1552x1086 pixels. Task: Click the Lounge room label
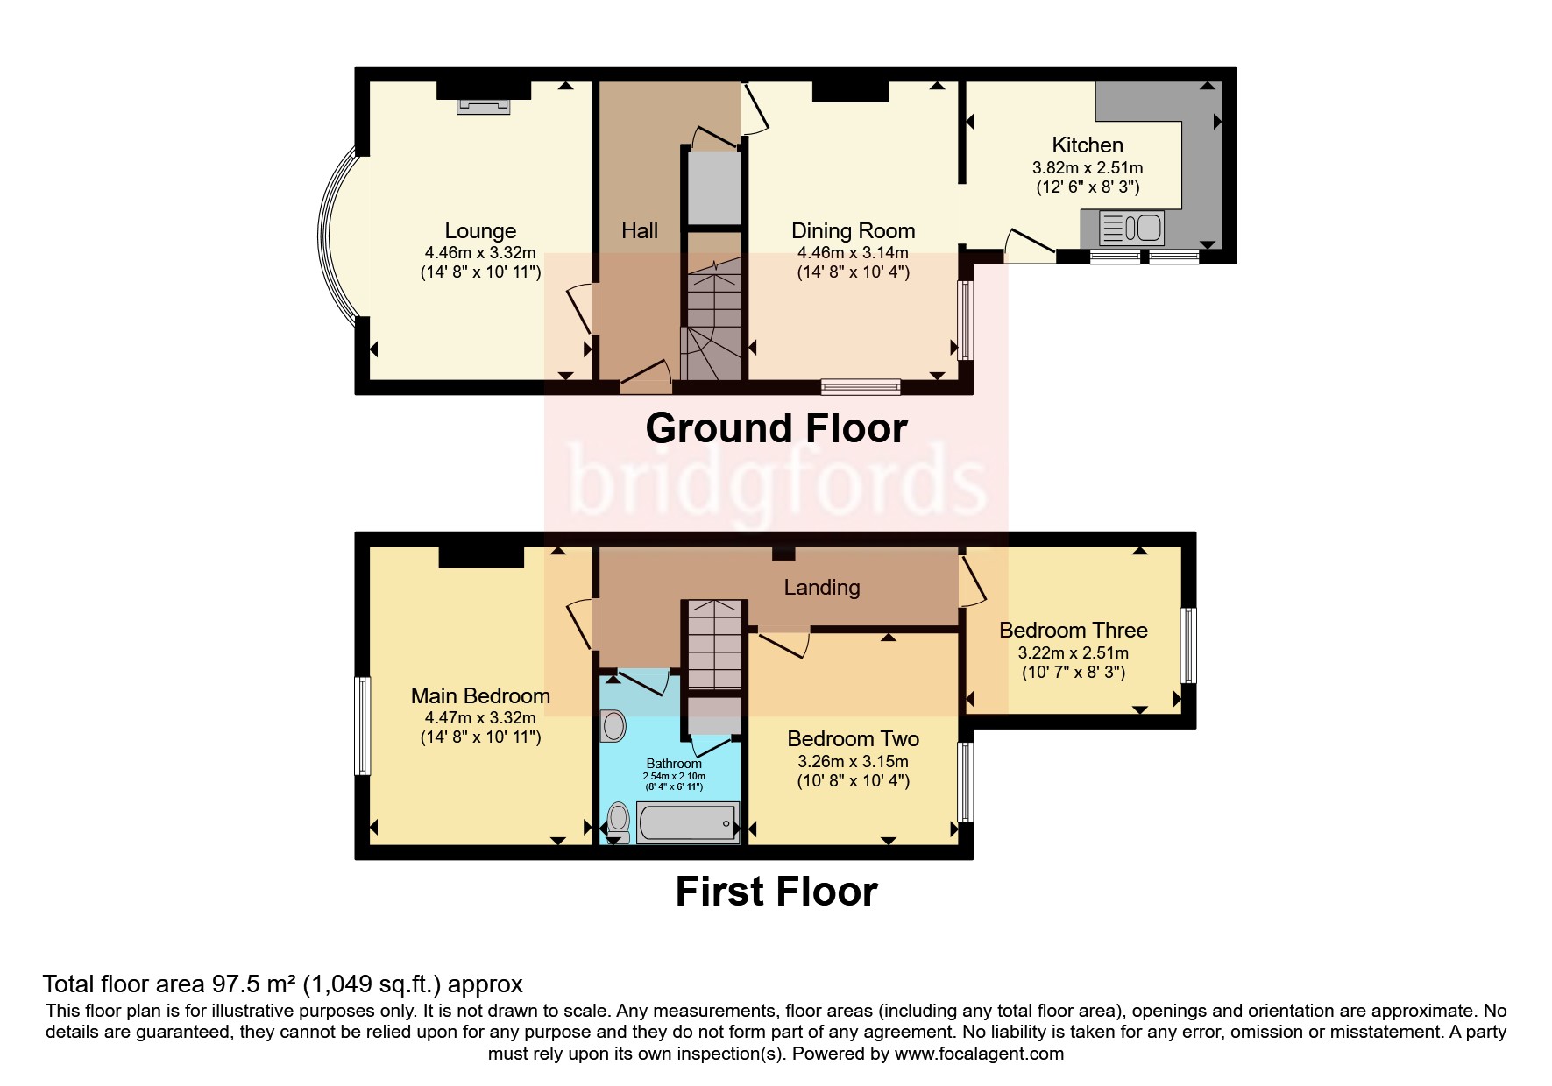[480, 231]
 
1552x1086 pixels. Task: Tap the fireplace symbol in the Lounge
[483, 106]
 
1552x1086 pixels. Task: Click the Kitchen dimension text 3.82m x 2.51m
[1087, 167]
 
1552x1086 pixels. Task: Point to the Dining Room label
[853, 231]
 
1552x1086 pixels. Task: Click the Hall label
[639, 231]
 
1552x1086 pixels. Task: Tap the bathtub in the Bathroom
[687, 823]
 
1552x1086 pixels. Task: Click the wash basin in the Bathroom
[613, 726]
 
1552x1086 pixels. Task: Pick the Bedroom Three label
[1073, 631]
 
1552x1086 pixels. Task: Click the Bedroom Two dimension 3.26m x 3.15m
[853, 761]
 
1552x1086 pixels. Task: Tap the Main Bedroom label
[480, 696]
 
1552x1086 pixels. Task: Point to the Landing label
[821, 588]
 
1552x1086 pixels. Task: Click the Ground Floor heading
[776, 428]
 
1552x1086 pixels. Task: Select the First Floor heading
[776, 892]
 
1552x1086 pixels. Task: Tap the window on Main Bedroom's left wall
[362, 725]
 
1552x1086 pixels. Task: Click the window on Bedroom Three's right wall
[1187, 645]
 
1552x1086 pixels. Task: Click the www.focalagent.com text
[979, 1054]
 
